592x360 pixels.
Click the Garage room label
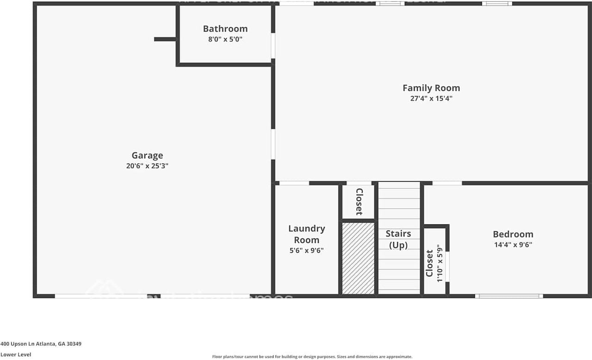147,155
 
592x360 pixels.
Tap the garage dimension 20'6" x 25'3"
147,166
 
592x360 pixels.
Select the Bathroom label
225,29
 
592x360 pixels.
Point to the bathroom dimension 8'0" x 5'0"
225,39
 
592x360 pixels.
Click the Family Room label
431,88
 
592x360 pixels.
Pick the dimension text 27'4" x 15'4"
431,99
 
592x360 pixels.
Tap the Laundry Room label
307,234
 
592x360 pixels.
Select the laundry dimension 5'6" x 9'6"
307,250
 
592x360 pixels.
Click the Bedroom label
513,234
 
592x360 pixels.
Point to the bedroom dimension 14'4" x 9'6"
513,245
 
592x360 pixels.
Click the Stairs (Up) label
398,239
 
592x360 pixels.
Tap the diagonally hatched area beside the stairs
358,258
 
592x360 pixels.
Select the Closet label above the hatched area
358,202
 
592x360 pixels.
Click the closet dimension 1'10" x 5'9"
439,263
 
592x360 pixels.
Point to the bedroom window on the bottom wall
509,296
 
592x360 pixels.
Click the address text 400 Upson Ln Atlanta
41,344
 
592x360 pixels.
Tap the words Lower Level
15,354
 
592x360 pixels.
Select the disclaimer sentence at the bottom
312,356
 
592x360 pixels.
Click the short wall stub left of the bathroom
165,39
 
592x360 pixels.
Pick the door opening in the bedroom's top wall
447,183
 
